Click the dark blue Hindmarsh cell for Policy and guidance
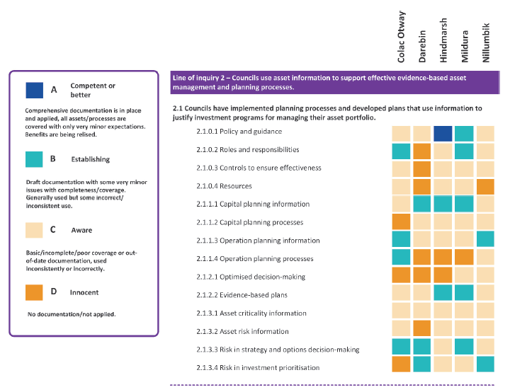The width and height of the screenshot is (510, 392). coord(443,133)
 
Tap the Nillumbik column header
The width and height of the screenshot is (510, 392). coord(486,42)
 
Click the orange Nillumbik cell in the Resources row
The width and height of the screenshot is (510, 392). coord(485,187)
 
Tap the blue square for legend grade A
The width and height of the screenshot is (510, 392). coord(34,91)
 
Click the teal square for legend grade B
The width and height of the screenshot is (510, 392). coord(34,160)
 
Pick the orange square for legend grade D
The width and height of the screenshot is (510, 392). coord(34,292)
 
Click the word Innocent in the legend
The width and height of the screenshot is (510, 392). coord(84,292)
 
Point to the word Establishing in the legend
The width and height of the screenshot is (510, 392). coord(90,160)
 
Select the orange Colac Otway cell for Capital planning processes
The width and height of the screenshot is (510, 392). coord(401,223)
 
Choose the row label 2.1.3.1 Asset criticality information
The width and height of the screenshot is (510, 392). coord(251,313)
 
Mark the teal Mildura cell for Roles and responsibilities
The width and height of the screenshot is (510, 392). coord(464,151)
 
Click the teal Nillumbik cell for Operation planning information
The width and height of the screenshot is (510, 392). coord(485,240)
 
